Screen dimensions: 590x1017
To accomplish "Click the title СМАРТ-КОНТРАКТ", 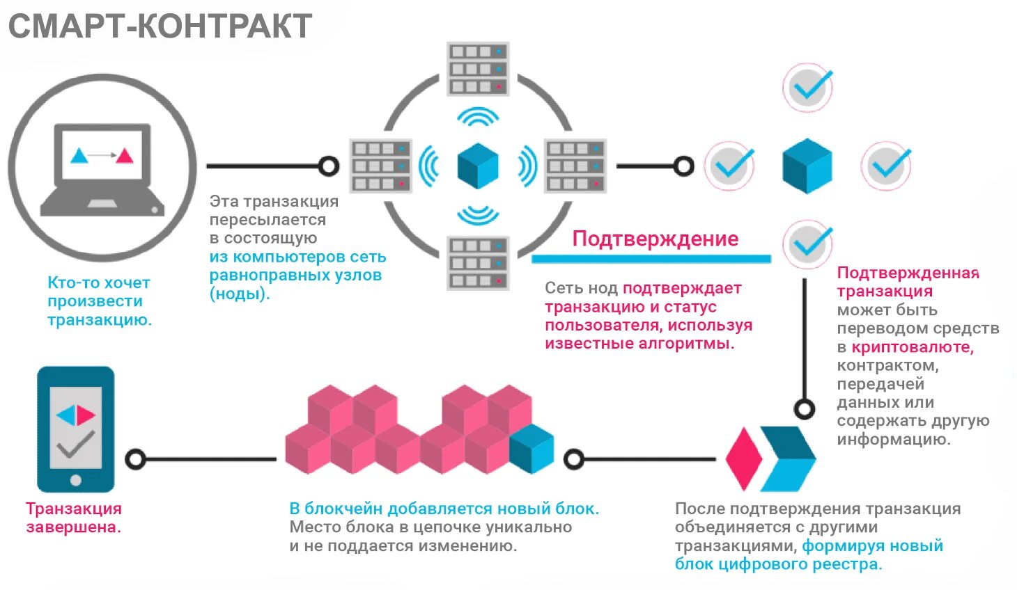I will click(160, 26).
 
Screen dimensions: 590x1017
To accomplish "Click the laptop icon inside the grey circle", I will click(102, 169).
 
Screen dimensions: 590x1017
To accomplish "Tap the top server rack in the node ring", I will click(478, 69).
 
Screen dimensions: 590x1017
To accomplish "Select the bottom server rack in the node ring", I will click(478, 263).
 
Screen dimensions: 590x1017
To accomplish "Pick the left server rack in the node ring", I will click(380, 166).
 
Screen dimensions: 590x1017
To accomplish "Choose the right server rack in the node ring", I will click(575, 166).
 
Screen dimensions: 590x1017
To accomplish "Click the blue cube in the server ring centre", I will click(478, 166).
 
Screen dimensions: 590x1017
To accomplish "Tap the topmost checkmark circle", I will click(808, 88).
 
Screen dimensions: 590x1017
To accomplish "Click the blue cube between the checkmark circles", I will click(807, 166).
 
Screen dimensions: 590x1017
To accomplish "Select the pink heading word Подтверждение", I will click(655, 239).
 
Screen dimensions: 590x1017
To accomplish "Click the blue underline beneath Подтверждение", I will click(651, 259).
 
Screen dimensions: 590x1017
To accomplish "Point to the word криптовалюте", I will click(912, 346).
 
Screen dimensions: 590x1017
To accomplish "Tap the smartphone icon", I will click(75, 429).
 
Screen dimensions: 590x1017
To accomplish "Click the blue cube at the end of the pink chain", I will click(531, 448).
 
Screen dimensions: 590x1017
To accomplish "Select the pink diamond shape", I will click(743, 459).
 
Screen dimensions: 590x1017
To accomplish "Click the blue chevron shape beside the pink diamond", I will click(788, 459).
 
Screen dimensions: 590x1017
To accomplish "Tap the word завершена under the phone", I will click(73, 527).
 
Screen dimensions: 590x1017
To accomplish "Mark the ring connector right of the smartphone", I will click(135, 459).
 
